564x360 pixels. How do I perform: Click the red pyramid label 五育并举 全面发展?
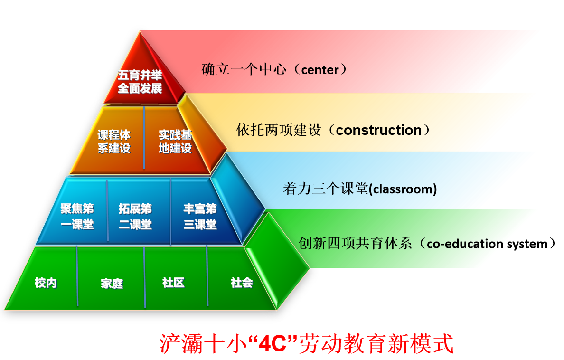(x=140, y=82)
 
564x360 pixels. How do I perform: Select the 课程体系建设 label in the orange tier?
(x=114, y=142)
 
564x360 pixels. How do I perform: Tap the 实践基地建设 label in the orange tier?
(x=175, y=142)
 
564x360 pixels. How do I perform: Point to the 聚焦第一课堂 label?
(x=77, y=217)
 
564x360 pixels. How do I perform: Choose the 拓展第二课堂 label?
(x=135, y=217)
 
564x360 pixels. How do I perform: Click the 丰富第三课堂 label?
(x=200, y=217)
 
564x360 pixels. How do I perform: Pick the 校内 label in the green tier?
(x=46, y=283)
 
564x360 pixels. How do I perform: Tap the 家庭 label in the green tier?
(x=112, y=284)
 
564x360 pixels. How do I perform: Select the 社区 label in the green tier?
(x=173, y=283)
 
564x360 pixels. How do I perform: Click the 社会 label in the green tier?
(x=242, y=283)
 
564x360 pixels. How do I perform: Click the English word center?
(x=320, y=70)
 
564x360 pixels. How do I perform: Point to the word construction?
(x=379, y=130)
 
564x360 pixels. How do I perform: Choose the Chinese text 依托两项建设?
(x=279, y=130)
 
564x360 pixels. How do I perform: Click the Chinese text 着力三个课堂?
(x=326, y=189)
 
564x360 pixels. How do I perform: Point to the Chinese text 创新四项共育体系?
(x=355, y=243)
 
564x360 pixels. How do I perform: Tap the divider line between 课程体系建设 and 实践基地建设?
(x=144, y=138)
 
